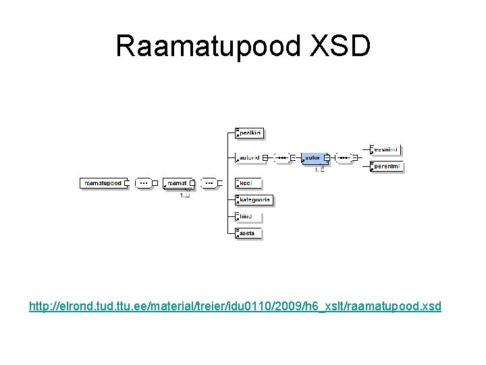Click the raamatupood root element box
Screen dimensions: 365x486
tap(105, 182)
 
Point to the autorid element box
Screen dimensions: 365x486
tap(249, 157)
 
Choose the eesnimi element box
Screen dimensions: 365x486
tap(386, 149)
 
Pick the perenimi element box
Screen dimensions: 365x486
tap(386, 166)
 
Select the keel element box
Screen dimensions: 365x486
tap(248, 182)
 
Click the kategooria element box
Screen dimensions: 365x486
tap(253, 199)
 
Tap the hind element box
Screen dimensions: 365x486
tap(248, 216)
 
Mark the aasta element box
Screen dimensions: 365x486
tap(248, 233)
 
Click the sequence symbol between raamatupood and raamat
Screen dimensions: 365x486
tap(144, 182)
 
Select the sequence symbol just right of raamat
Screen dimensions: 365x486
tap(210, 182)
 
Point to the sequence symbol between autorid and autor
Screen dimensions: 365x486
tap(281, 157)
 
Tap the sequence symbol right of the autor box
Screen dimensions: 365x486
tap(344, 157)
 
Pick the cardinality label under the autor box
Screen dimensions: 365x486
tap(320, 170)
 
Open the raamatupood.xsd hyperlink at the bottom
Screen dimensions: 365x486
tap(236, 306)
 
